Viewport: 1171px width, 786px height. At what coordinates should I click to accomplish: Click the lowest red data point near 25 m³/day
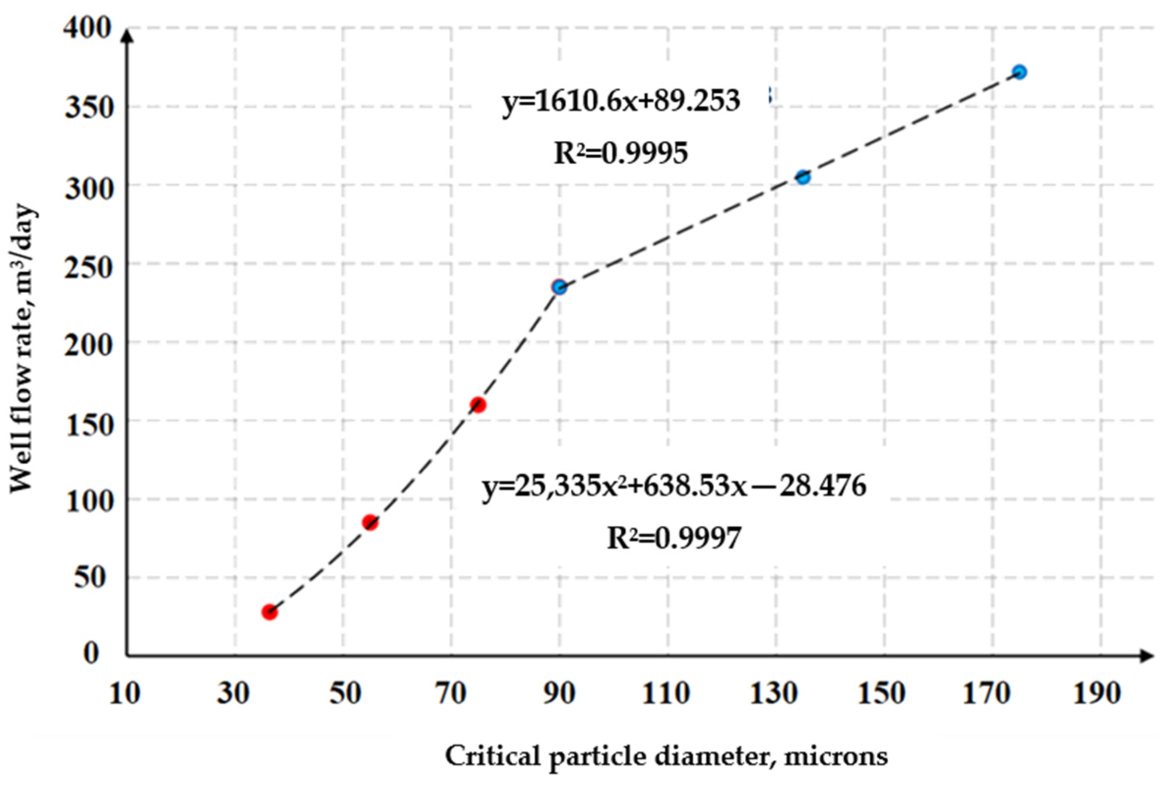269,612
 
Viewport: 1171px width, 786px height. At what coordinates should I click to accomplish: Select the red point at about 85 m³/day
370,522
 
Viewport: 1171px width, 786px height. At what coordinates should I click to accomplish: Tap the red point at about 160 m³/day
478,404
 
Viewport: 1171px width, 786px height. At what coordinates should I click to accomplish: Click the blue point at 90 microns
559,287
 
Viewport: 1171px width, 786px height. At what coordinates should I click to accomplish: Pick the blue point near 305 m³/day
802,177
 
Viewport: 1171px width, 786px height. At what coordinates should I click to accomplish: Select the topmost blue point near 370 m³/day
1019,72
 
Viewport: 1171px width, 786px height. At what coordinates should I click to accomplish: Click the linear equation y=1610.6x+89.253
621,102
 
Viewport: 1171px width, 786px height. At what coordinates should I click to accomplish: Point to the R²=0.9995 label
620,153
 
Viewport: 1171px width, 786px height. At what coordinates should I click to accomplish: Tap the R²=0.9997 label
674,539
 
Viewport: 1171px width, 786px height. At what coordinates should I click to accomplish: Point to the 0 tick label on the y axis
91,654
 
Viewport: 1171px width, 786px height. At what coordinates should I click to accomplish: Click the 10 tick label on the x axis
124,694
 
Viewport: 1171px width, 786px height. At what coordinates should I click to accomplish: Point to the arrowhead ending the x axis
1147,655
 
